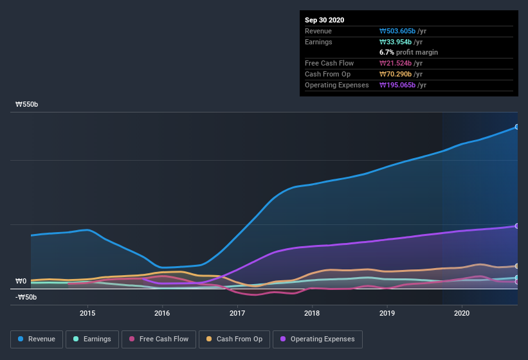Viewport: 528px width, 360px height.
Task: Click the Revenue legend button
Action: pyautogui.click(x=37, y=339)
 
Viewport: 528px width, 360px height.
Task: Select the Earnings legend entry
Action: pyautogui.click(x=92, y=339)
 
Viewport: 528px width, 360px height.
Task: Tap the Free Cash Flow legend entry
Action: pyautogui.click(x=159, y=339)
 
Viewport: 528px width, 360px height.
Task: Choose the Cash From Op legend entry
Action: pyautogui.click(x=235, y=339)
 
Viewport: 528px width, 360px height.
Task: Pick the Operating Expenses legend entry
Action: pyautogui.click(x=317, y=339)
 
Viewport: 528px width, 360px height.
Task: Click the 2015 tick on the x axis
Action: pyautogui.click(x=87, y=313)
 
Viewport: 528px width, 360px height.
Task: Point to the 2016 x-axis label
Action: pyautogui.click(x=162, y=313)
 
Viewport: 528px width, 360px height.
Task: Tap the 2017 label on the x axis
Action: pyautogui.click(x=237, y=313)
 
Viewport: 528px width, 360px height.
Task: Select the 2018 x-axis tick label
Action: pyautogui.click(x=312, y=313)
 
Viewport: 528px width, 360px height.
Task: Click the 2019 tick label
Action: pyautogui.click(x=387, y=313)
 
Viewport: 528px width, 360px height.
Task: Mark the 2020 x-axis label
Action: pyautogui.click(x=462, y=313)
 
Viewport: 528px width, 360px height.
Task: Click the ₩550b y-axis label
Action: pyautogui.click(x=26, y=104)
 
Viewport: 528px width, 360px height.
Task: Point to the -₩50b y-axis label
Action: pyautogui.click(x=26, y=297)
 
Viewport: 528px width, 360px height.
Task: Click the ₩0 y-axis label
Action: pyautogui.click(x=21, y=281)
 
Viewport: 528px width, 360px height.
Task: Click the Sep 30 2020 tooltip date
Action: pyautogui.click(x=324, y=20)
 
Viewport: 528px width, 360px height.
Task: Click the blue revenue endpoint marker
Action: pyautogui.click(x=517, y=127)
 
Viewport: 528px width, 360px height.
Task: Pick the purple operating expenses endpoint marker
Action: pyautogui.click(x=517, y=226)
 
